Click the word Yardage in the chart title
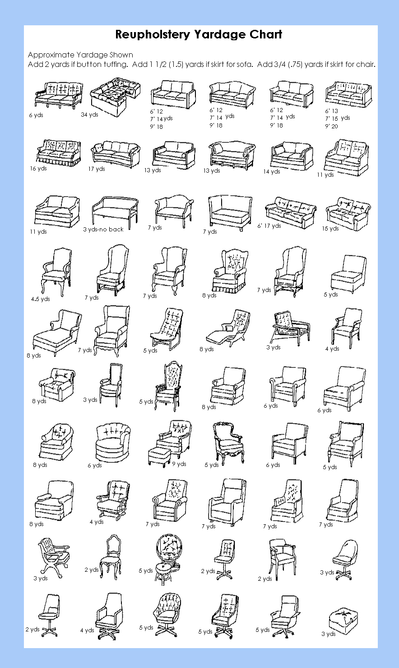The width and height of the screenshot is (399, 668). coord(220,35)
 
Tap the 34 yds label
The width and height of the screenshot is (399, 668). coord(89,114)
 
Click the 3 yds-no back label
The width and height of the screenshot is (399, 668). coord(103,229)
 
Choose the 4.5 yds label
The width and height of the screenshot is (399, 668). coord(40,299)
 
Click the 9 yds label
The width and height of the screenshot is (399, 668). coord(179,464)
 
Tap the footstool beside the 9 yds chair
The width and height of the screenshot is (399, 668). coord(159,457)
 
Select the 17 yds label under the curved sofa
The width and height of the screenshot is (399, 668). coord(97,169)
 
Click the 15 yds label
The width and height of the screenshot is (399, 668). coord(330,228)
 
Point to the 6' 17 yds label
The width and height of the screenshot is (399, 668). coord(269,226)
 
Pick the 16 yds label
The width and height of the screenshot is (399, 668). coord(38,169)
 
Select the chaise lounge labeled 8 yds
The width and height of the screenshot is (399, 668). coord(56,333)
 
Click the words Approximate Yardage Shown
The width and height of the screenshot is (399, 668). coord(80,55)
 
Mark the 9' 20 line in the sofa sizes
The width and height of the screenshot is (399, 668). coord(331,126)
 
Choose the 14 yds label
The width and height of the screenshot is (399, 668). coord(272,171)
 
